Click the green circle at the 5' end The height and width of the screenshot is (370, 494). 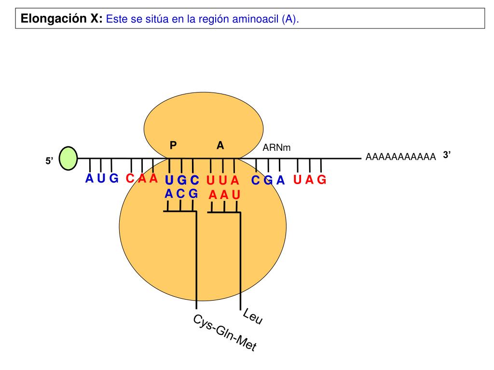point(69,159)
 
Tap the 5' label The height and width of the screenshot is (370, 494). point(49,161)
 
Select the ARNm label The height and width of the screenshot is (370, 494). point(276,147)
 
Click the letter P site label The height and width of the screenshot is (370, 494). point(173,145)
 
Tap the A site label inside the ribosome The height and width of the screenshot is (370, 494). point(220,145)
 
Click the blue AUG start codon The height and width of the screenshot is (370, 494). point(102,179)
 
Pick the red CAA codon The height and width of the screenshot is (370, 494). point(142,179)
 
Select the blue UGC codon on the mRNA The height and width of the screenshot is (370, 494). point(181,180)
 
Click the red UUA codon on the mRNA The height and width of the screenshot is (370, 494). point(222,181)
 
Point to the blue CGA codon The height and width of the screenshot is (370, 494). point(268,181)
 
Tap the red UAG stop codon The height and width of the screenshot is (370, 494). point(310,180)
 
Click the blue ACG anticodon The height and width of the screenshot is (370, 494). point(181,194)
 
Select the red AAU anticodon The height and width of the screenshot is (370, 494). point(224,195)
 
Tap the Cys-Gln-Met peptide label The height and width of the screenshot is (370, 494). point(224,333)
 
